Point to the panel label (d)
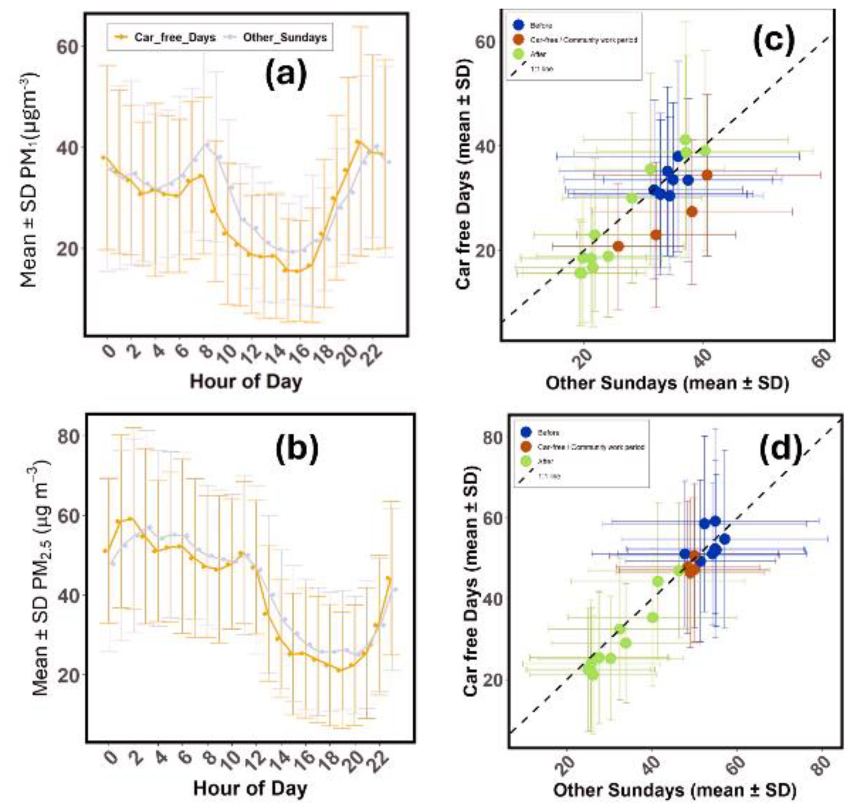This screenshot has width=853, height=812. pyautogui.click(x=781, y=451)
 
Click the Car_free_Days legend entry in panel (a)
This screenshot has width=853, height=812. pyautogui.click(x=166, y=37)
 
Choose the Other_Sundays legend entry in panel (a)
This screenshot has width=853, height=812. pyautogui.click(x=277, y=37)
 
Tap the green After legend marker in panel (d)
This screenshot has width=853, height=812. pyautogui.click(x=526, y=461)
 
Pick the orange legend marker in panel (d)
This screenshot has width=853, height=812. pyautogui.click(x=526, y=447)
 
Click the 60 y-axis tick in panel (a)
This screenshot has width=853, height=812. pyautogui.click(x=66, y=46)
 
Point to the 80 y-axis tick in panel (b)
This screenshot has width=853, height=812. pyautogui.click(x=69, y=436)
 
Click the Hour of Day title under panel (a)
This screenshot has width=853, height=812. pyautogui.click(x=246, y=381)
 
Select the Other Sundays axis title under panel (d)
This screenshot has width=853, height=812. pyautogui.click(x=674, y=790)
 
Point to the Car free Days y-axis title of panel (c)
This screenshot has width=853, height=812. pyautogui.click(x=464, y=174)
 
